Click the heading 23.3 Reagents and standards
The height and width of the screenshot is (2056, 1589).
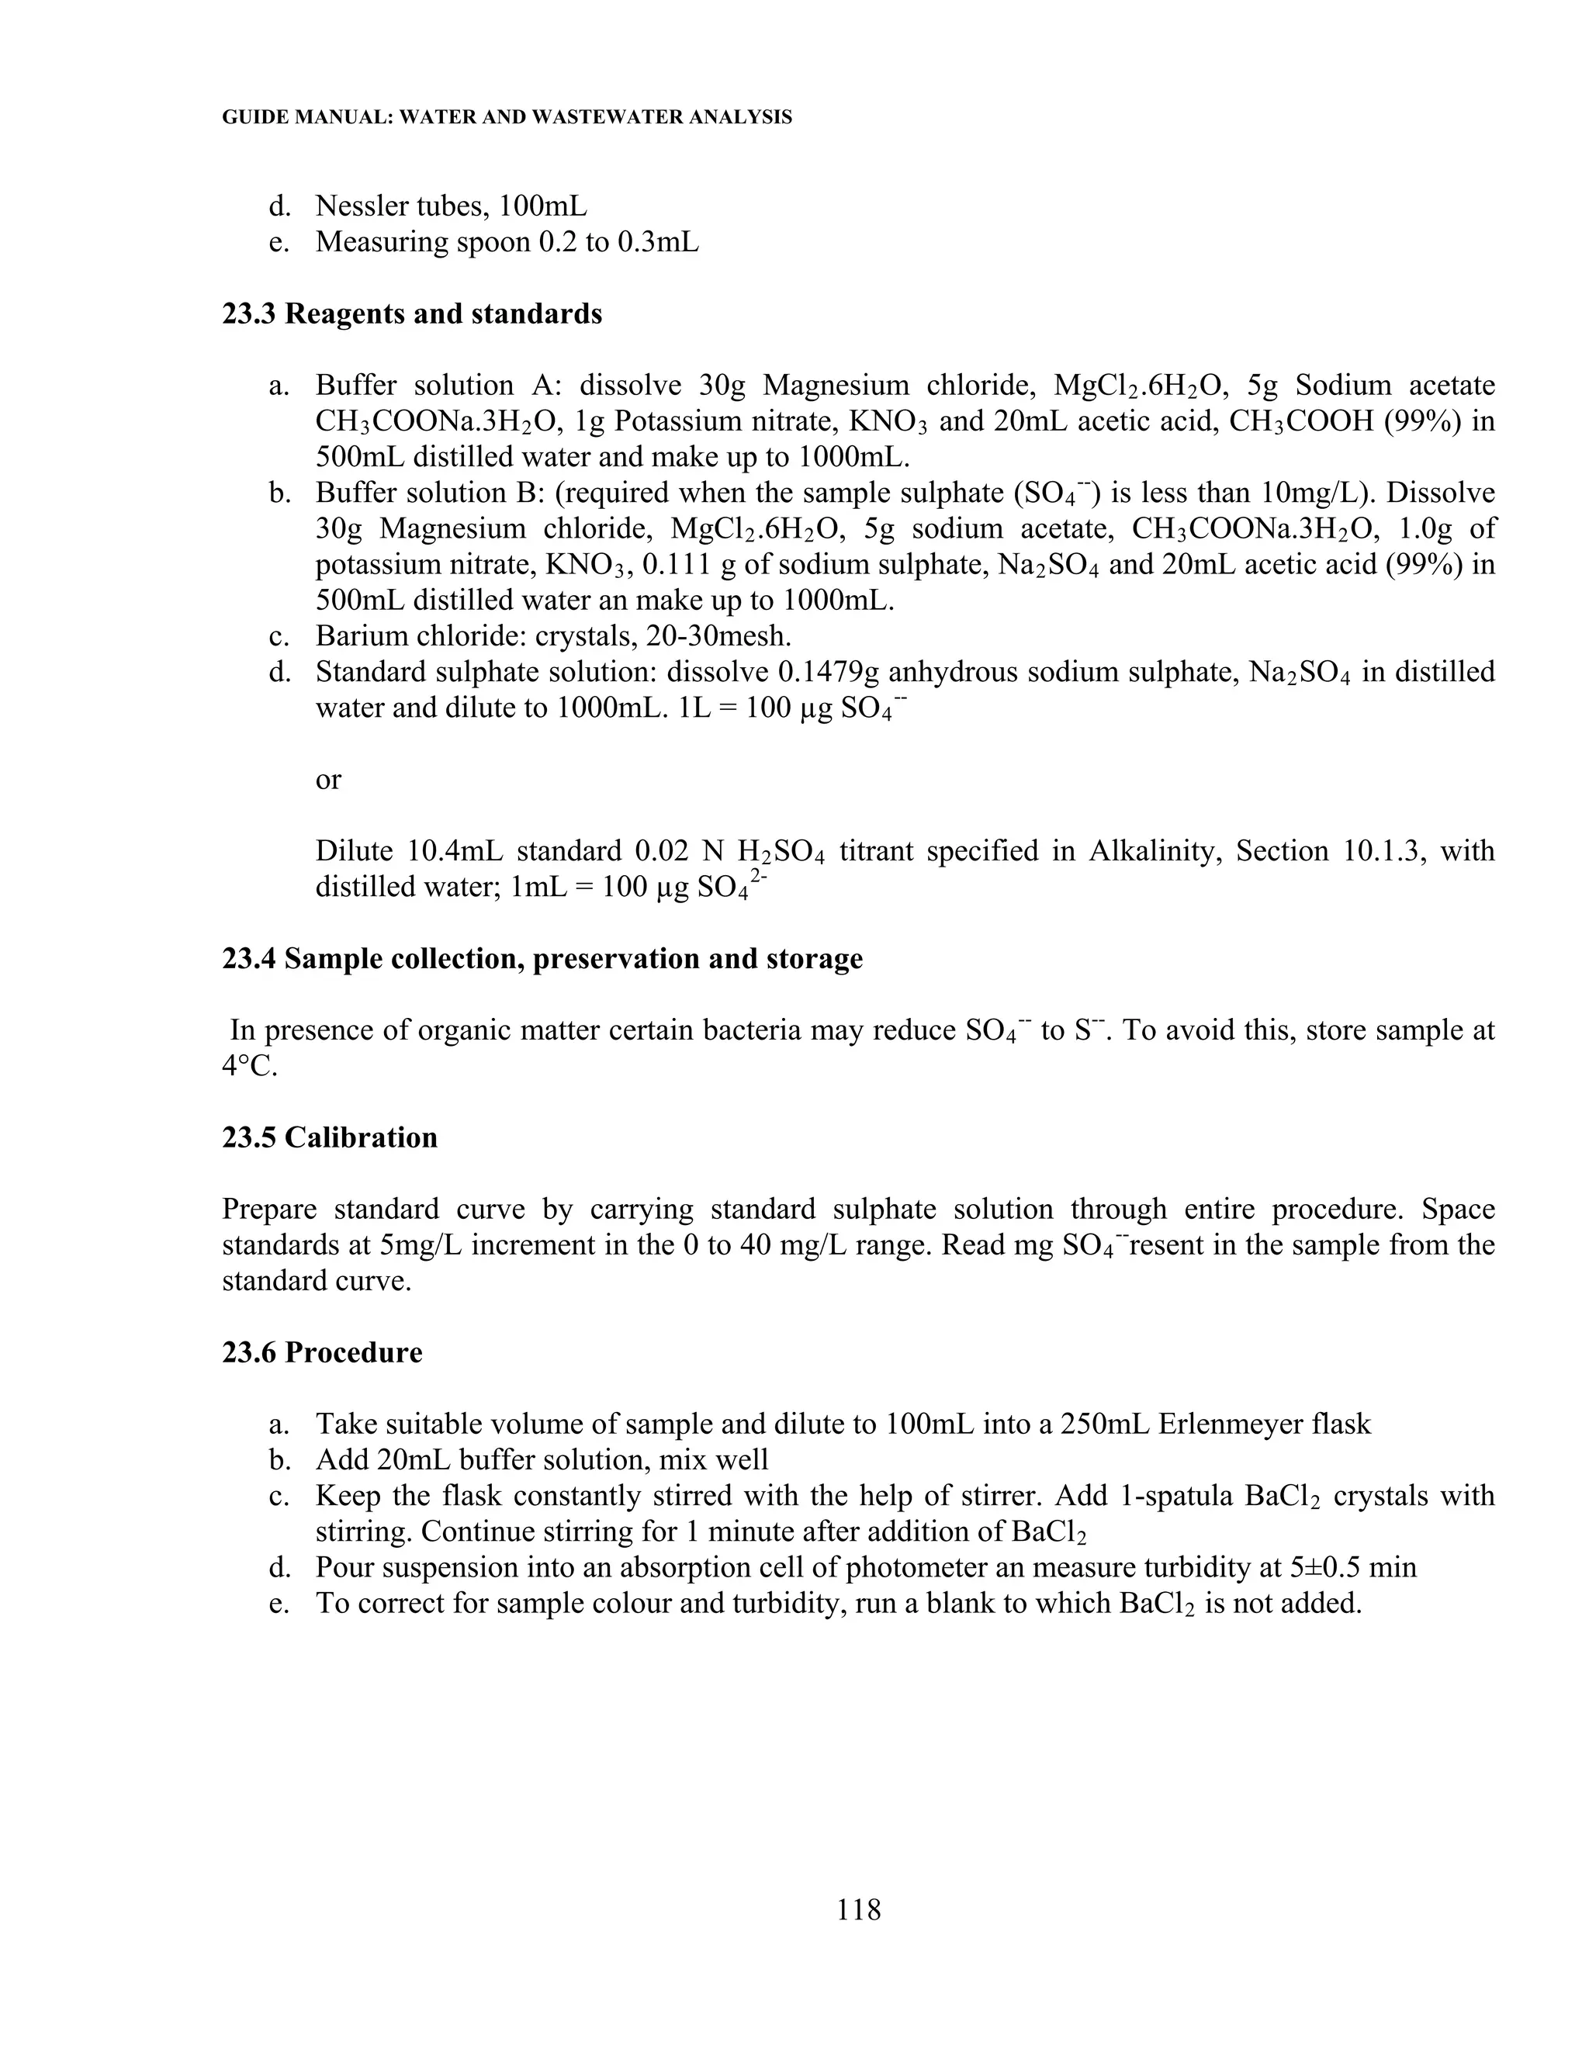pos(411,313)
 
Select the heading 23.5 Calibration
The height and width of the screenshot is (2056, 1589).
pos(330,1137)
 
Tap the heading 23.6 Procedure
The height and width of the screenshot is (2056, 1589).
pos(322,1353)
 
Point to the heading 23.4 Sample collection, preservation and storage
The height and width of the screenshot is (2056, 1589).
pos(542,958)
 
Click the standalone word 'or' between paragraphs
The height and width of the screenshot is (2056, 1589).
pos(327,780)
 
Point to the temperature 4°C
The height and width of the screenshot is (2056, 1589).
pos(250,1068)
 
